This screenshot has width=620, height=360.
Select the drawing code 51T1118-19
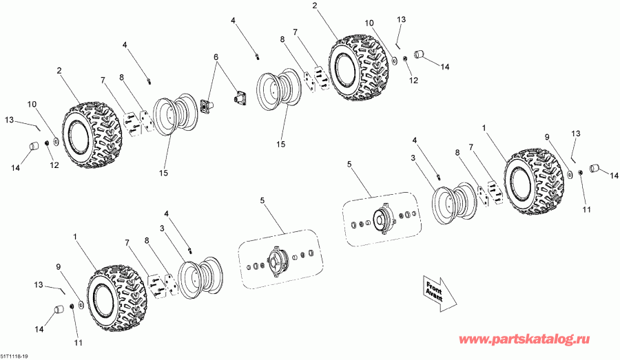(x=14, y=356)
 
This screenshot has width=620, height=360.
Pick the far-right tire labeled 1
(x=535, y=180)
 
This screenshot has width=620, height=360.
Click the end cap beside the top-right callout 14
(x=420, y=54)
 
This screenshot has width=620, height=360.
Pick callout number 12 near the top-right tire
(x=414, y=81)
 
